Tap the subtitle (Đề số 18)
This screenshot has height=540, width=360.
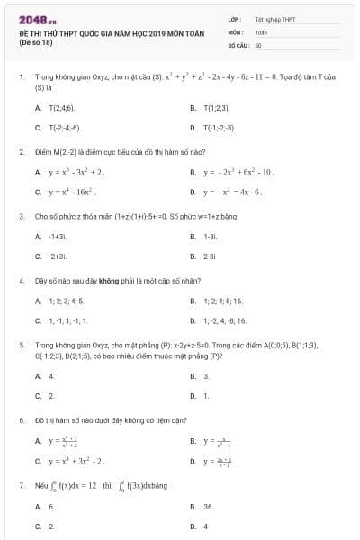(36, 43)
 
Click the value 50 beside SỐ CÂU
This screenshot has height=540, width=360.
(257, 43)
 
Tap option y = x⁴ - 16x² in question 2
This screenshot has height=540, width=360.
(72, 192)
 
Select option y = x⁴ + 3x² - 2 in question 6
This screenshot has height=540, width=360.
(76, 462)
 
